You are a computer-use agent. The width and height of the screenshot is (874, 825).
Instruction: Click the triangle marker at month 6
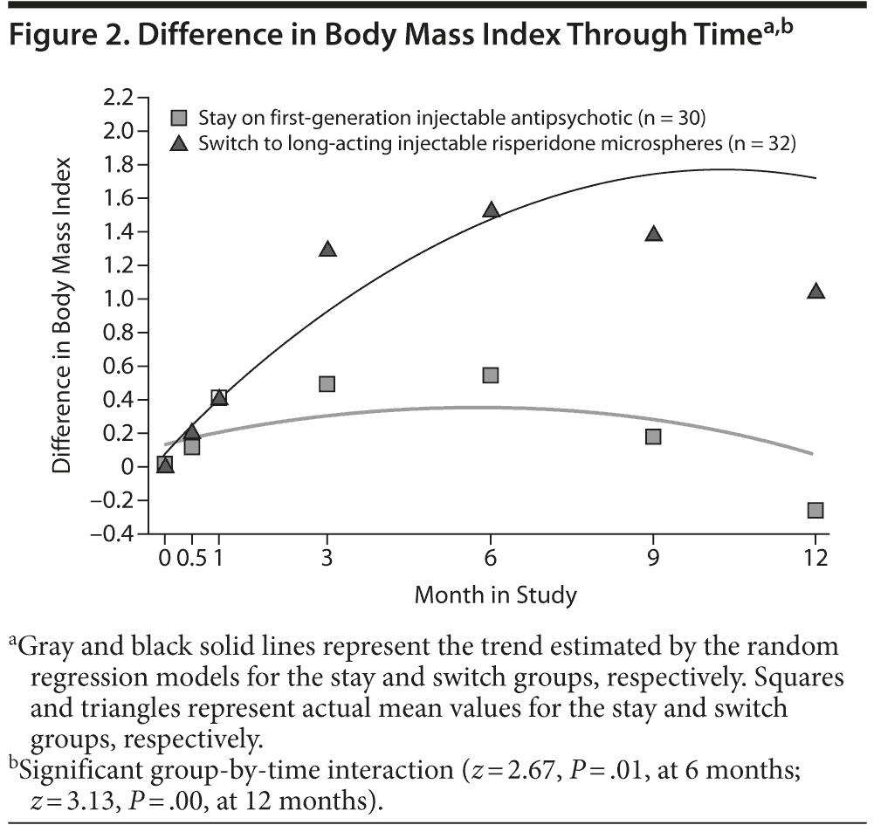click(x=491, y=210)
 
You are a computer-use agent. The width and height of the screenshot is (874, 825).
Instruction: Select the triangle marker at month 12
click(x=816, y=292)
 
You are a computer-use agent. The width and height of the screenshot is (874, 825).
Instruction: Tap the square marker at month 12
click(x=816, y=510)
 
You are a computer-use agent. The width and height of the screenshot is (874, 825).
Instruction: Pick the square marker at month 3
click(x=327, y=384)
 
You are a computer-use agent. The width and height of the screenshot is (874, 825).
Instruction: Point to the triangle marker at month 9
click(x=653, y=234)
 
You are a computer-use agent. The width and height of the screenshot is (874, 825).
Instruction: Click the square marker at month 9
click(x=653, y=437)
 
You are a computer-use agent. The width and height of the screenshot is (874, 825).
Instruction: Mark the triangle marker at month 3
click(x=327, y=250)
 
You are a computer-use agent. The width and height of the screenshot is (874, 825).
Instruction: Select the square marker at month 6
click(x=491, y=375)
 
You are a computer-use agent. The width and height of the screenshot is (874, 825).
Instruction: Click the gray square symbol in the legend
click(x=181, y=117)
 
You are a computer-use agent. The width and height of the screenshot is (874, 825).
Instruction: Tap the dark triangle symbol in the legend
click(x=181, y=144)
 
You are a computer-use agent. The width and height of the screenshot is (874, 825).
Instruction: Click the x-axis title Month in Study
click(x=495, y=596)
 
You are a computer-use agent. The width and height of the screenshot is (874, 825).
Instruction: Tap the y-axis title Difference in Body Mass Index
click(x=62, y=316)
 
